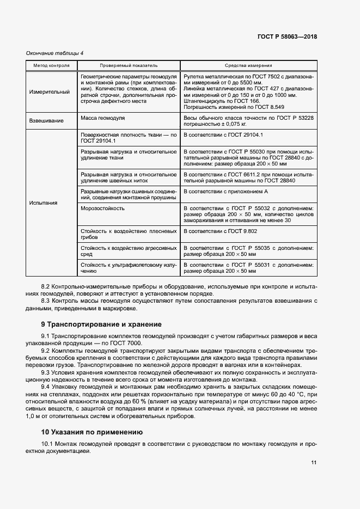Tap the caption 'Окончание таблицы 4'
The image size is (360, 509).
click(x=55, y=53)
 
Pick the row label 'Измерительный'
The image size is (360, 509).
click(x=50, y=92)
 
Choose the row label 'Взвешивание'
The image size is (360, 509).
click(x=46, y=121)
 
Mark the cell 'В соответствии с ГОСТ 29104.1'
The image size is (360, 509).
click(x=223, y=134)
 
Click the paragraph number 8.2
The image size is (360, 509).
click(x=46, y=286)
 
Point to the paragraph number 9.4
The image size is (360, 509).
click(x=46, y=387)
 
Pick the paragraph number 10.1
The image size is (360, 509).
click(x=48, y=444)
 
